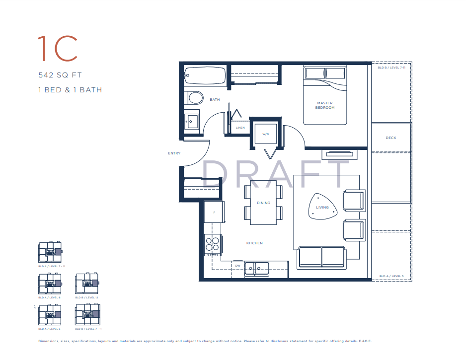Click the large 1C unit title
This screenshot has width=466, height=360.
click(x=58, y=48)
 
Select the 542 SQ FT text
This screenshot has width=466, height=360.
click(x=60, y=75)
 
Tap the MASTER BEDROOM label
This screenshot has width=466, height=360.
click(x=325, y=105)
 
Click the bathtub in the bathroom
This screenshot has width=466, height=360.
click(x=205, y=76)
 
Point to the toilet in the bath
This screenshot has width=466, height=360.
click(x=193, y=97)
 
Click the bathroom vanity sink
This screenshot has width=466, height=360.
click(x=191, y=120)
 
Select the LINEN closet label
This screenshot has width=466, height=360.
click(x=240, y=128)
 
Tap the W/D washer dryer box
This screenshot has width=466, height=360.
click(x=265, y=134)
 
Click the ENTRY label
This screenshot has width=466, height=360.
click(x=174, y=153)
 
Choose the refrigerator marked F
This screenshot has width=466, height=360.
click(x=214, y=212)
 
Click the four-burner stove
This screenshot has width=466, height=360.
click(x=213, y=245)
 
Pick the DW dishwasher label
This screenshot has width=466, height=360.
click(x=237, y=266)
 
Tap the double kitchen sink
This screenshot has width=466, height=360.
click(x=256, y=268)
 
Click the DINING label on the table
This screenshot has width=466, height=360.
click(x=263, y=203)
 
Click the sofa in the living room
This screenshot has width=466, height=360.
click(x=321, y=257)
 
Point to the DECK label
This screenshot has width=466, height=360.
click(x=391, y=138)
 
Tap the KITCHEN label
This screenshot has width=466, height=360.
click(x=254, y=243)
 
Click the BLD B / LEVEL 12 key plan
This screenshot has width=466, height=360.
click(x=86, y=283)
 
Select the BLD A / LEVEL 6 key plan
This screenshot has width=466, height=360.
click(x=49, y=283)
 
